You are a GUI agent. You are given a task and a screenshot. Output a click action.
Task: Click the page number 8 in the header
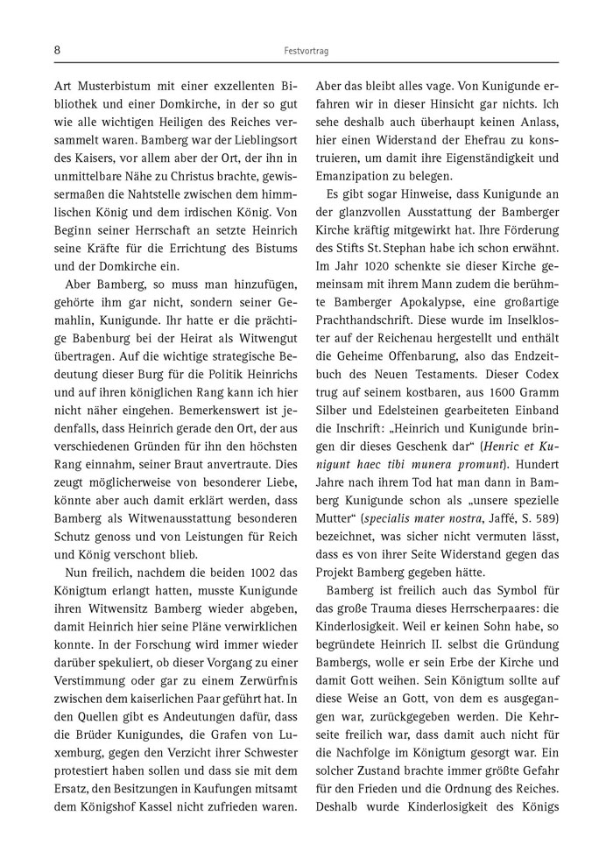click(57, 52)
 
